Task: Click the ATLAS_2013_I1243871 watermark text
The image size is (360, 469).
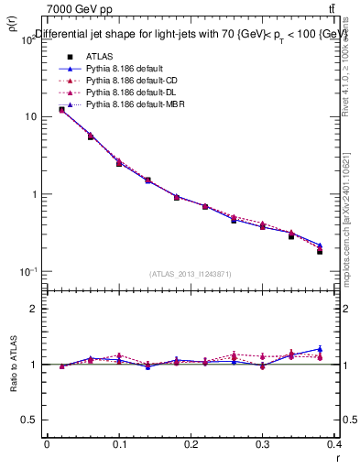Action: tap(190, 274)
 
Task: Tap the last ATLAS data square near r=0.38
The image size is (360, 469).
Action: tap(320, 251)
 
